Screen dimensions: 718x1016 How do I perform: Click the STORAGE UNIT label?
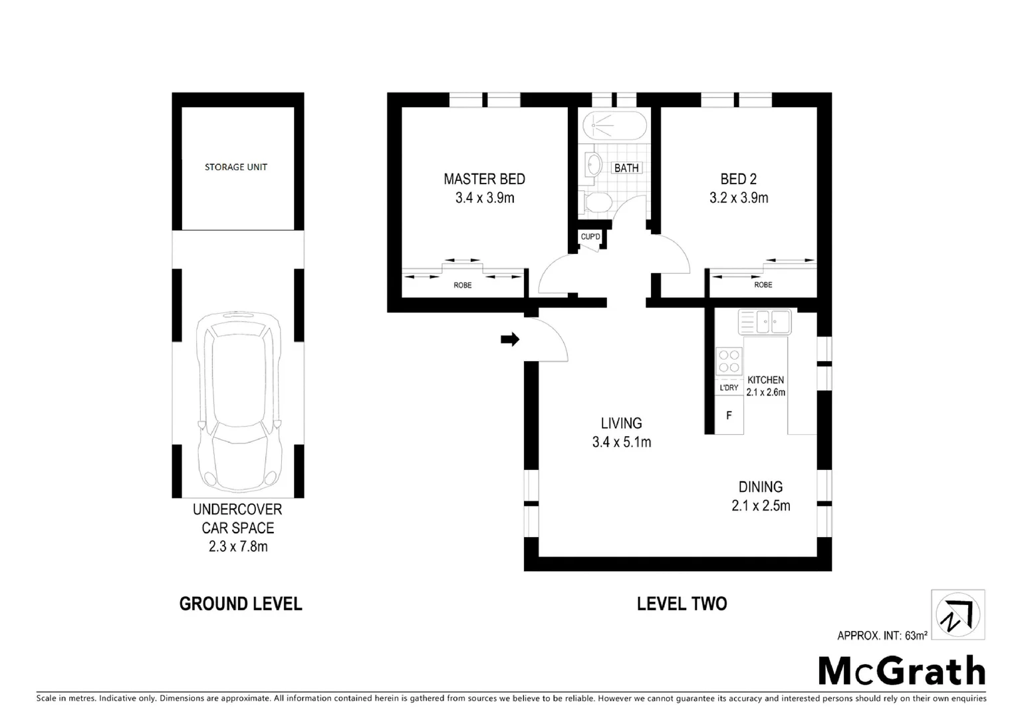(x=236, y=167)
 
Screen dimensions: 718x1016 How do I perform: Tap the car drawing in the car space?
(x=238, y=403)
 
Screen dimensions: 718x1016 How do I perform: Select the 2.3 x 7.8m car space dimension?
(x=237, y=546)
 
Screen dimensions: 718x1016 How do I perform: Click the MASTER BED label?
(x=484, y=179)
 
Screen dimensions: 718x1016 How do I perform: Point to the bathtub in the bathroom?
(x=614, y=125)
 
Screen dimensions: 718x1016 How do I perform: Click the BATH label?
(x=626, y=168)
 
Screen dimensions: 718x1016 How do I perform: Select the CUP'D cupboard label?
(x=590, y=237)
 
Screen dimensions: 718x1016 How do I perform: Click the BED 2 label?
(x=738, y=179)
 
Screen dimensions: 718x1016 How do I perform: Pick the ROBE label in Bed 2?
(x=763, y=285)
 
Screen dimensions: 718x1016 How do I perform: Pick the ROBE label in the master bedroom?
(x=463, y=285)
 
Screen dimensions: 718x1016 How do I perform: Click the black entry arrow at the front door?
(x=510, y=340)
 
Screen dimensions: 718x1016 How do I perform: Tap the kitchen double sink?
(x=765, y=322)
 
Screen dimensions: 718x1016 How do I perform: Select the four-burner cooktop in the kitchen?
(x=729, y=361)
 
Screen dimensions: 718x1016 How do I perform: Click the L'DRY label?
(x=729, y=388)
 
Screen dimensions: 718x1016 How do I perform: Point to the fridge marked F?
(x=729, y=416)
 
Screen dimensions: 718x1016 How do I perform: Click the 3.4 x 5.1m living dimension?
(x=622, y=441)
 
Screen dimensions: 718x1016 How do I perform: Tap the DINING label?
(x=761, y=487)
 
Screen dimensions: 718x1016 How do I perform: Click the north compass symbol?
(x=957, y=615)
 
